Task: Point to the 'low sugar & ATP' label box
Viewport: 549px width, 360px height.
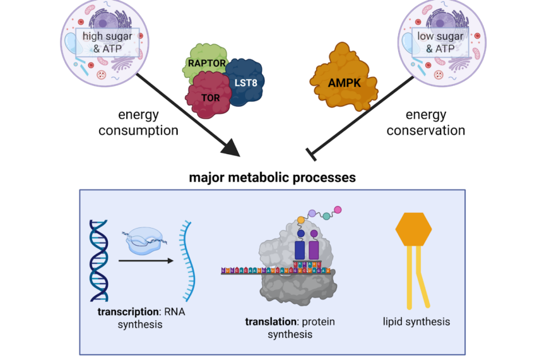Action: [439, 41]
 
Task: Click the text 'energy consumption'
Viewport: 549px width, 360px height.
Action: [147, 123]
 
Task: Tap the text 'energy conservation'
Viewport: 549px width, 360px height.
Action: [425, 123]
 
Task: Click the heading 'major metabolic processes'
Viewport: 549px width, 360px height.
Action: [272, 177]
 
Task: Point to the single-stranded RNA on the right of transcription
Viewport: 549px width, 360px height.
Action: [184, 260]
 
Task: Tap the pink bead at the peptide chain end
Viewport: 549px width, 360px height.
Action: [338, 210]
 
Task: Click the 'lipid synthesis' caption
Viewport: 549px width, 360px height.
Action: [416, 321]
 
